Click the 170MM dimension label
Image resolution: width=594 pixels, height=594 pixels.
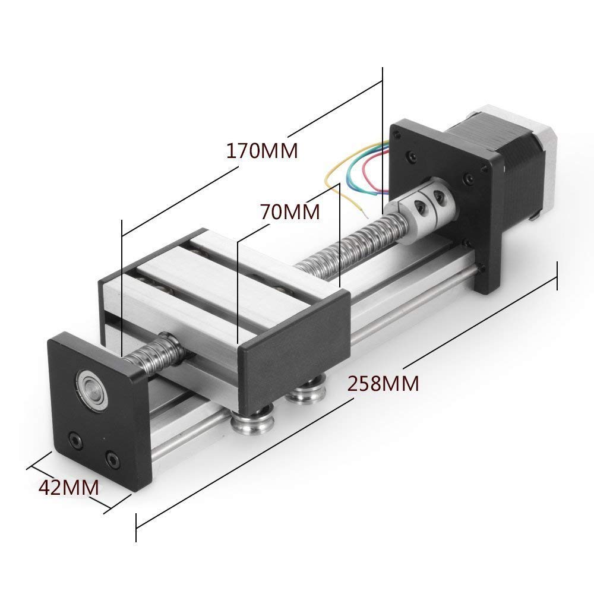pyautogui.click(x=262, y=151)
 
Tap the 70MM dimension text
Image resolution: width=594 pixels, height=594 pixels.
pyautogui.click(x=290, y=212)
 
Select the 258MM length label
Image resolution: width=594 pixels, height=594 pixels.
pyautogui.click(x=383, y=383)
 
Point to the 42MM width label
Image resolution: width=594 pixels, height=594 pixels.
pyautogui.click(x=69, y=487)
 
